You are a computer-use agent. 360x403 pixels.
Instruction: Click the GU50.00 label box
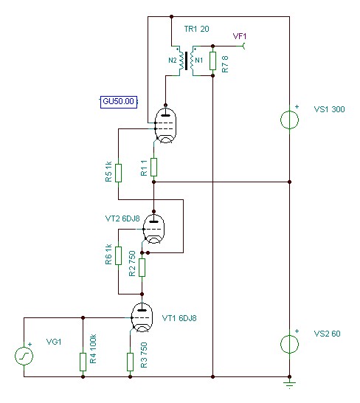(119, 102)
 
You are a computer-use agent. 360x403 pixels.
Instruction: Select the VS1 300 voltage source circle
(290, 120)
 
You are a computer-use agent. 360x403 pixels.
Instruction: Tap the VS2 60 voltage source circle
(290, 344)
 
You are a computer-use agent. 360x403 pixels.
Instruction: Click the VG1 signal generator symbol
(24, 356)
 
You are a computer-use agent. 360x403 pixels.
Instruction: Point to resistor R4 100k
(83, 362)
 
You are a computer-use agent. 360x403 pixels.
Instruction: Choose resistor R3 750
(131, 362)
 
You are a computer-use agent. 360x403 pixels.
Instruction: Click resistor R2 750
(142, 267)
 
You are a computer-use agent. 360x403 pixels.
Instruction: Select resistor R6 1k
(118, 255)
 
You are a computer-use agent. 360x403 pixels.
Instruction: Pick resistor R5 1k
(118, 173)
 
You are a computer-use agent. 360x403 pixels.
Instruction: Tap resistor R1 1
(153, 167)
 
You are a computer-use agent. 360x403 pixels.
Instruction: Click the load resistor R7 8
(212, 61)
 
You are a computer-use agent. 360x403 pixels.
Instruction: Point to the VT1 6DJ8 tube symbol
(142, 317)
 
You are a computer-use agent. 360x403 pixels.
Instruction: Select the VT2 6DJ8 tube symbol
(153, 229)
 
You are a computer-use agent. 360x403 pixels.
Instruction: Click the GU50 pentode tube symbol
(166, 125)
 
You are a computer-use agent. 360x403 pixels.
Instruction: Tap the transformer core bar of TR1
(186, 61)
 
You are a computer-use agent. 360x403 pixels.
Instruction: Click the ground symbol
(290, 384)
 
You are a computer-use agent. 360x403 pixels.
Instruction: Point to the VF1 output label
(240, 36)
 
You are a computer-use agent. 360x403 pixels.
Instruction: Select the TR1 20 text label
(196, 29)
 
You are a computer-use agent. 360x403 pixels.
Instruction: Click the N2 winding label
(173, 61)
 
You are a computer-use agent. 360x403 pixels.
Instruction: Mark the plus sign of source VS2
(297, 331)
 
